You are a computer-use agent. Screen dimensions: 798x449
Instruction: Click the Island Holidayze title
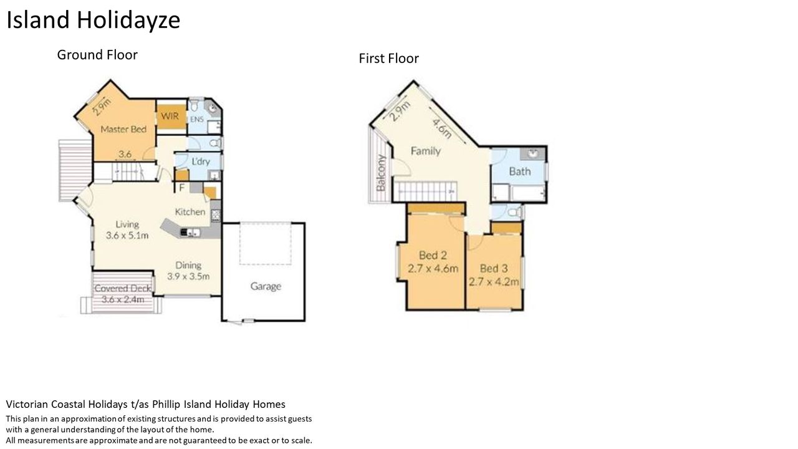tap(94, 21)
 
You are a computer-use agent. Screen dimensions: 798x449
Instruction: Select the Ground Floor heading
tap(97, 55)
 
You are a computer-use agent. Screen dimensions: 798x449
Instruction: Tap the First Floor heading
tap(388, 59)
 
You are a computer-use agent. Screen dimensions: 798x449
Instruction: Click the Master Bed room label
tap(123, 129)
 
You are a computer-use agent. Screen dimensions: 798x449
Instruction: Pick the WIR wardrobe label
tap(170, 116)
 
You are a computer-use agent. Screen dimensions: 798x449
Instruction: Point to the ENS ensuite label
tap(196, 119)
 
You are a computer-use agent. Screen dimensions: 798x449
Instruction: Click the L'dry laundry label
tap(201, 162)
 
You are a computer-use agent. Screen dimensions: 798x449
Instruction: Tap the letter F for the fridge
tap(181, 188)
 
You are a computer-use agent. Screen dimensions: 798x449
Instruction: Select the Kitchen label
tap(190, 212)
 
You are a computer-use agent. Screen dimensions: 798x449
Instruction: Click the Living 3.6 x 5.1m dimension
tap(127, 235)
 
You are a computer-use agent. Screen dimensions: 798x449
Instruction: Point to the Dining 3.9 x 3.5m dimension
tap(188, 276)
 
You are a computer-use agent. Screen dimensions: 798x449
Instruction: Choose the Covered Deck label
tap(123, 288)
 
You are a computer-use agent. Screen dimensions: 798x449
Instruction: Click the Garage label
tap(266, 286)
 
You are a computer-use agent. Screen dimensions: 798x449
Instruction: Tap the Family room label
tap(426, 151)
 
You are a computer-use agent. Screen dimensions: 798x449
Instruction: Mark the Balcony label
tap(381, 173)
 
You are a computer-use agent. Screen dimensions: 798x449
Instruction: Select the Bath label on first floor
tap(520, 171)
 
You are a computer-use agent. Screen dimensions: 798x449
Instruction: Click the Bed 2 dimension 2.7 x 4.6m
tap(433, 268)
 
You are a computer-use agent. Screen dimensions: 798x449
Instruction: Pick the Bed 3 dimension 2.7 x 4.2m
tap(494, 282)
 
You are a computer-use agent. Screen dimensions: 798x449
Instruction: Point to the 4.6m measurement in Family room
tap(442, 128)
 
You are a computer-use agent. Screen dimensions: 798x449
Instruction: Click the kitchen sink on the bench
tap(191, 233)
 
